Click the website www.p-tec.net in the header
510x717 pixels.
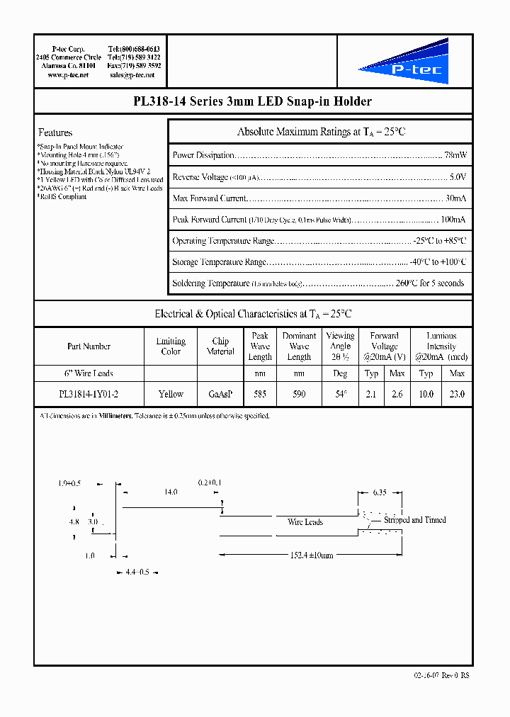tap(68, 74)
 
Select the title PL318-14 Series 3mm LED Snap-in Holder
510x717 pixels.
tap(253, 102)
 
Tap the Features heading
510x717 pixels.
tap(55, 132)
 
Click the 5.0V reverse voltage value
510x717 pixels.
tap(458, 176)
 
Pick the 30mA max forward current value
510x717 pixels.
tap(455, 198)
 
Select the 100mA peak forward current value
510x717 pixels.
tap(453, 220)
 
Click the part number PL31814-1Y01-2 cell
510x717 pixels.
tap(89, 394)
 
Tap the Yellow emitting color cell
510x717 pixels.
tap(171, 394)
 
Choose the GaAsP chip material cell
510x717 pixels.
tap(220, 394)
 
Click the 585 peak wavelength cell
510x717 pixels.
tap(260, 394)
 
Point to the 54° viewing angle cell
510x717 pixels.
tap(340, 394)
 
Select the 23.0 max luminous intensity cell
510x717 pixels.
tap(457, 394)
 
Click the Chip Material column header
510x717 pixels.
tap(220, 346)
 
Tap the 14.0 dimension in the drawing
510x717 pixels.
tap(171, 492)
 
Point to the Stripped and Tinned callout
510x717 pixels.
tap(414, 520)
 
